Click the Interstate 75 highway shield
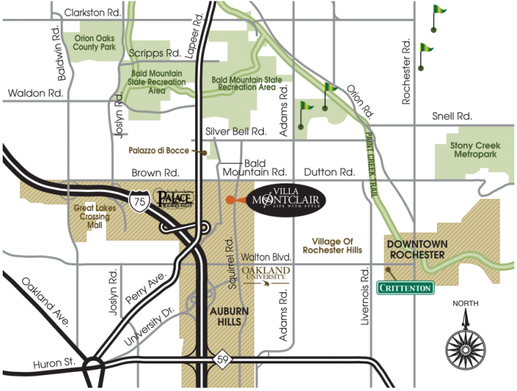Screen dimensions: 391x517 pyautogui.click(x=139, y=201)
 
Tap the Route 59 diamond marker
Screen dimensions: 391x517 pyautogui.click(x=223, y=361)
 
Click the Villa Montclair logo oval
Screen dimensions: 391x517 pyautogui.click(x=287, y=200)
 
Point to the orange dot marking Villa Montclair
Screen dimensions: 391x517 pyautogui.click(x=230, y=200)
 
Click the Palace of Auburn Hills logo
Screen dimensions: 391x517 pyautogui.click(x=174, y=199)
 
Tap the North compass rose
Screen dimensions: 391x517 pyautogui.click(x=465, y=343)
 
